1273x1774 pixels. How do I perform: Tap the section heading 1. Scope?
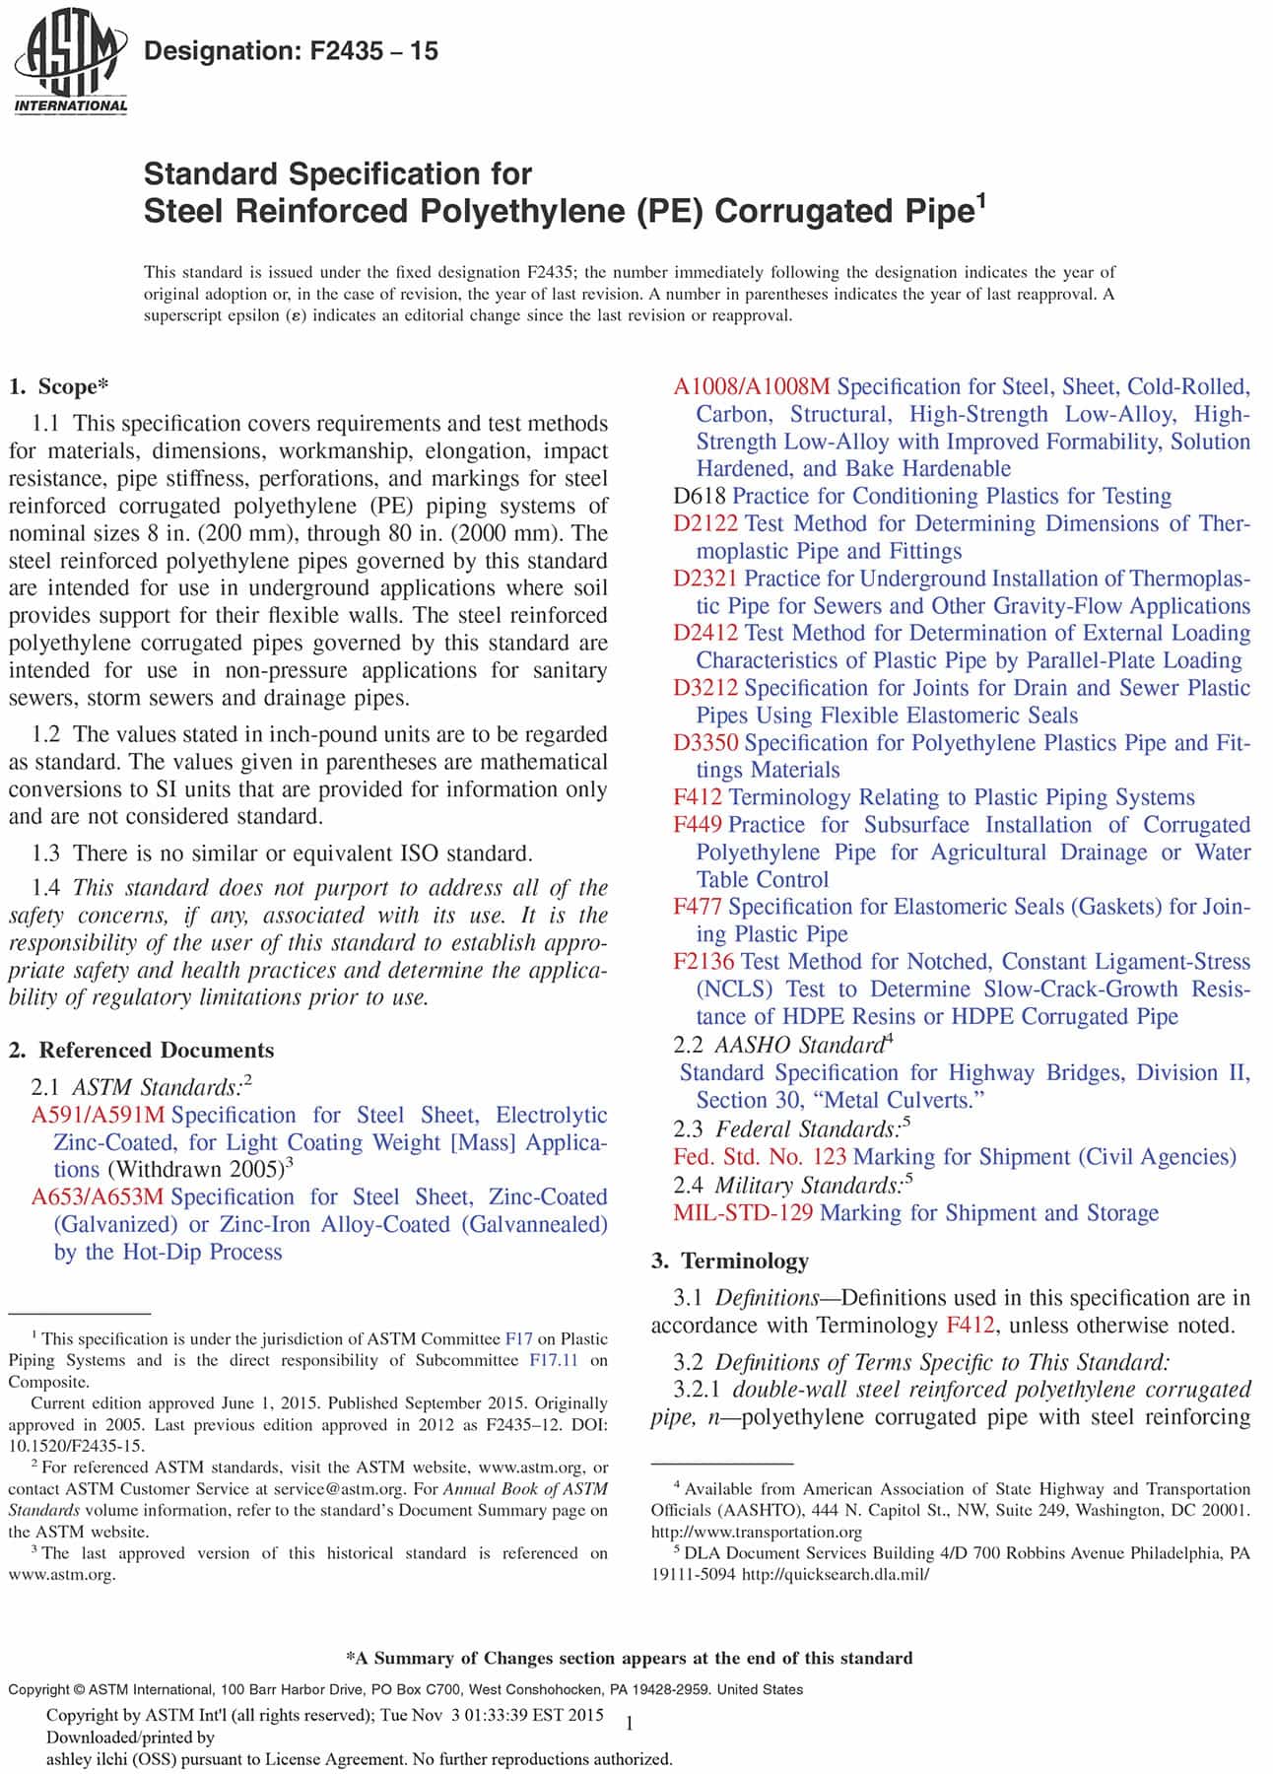(x=59, y=386)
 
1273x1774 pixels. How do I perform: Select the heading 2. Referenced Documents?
(x=142, y=1050)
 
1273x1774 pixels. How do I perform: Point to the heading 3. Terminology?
(x=730, y=1261)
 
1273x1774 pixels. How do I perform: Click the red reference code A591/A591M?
(x=99, y=1115)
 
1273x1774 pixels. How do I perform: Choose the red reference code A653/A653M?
(x=99, y=1196)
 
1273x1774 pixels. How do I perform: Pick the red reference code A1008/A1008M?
(x=752, y=386)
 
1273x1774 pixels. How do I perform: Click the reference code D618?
(x=700, y=496)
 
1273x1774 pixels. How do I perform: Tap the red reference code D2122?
(x=706, y=523)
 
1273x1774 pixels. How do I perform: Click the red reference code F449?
(x=698, y=824)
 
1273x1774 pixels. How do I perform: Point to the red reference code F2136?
(x=704, y=961)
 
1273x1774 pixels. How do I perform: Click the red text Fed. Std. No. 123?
(x=760, y=1156)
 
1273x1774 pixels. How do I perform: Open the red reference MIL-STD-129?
(x=743, y=1212)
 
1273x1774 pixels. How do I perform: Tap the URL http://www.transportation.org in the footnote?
(x=756, y=1532)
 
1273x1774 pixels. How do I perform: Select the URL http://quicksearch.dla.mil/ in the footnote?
(x=835, y=1574)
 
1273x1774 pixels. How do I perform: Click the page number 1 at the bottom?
(x=630, y=1723)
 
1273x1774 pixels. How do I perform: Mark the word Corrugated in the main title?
(x=803, y=211)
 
